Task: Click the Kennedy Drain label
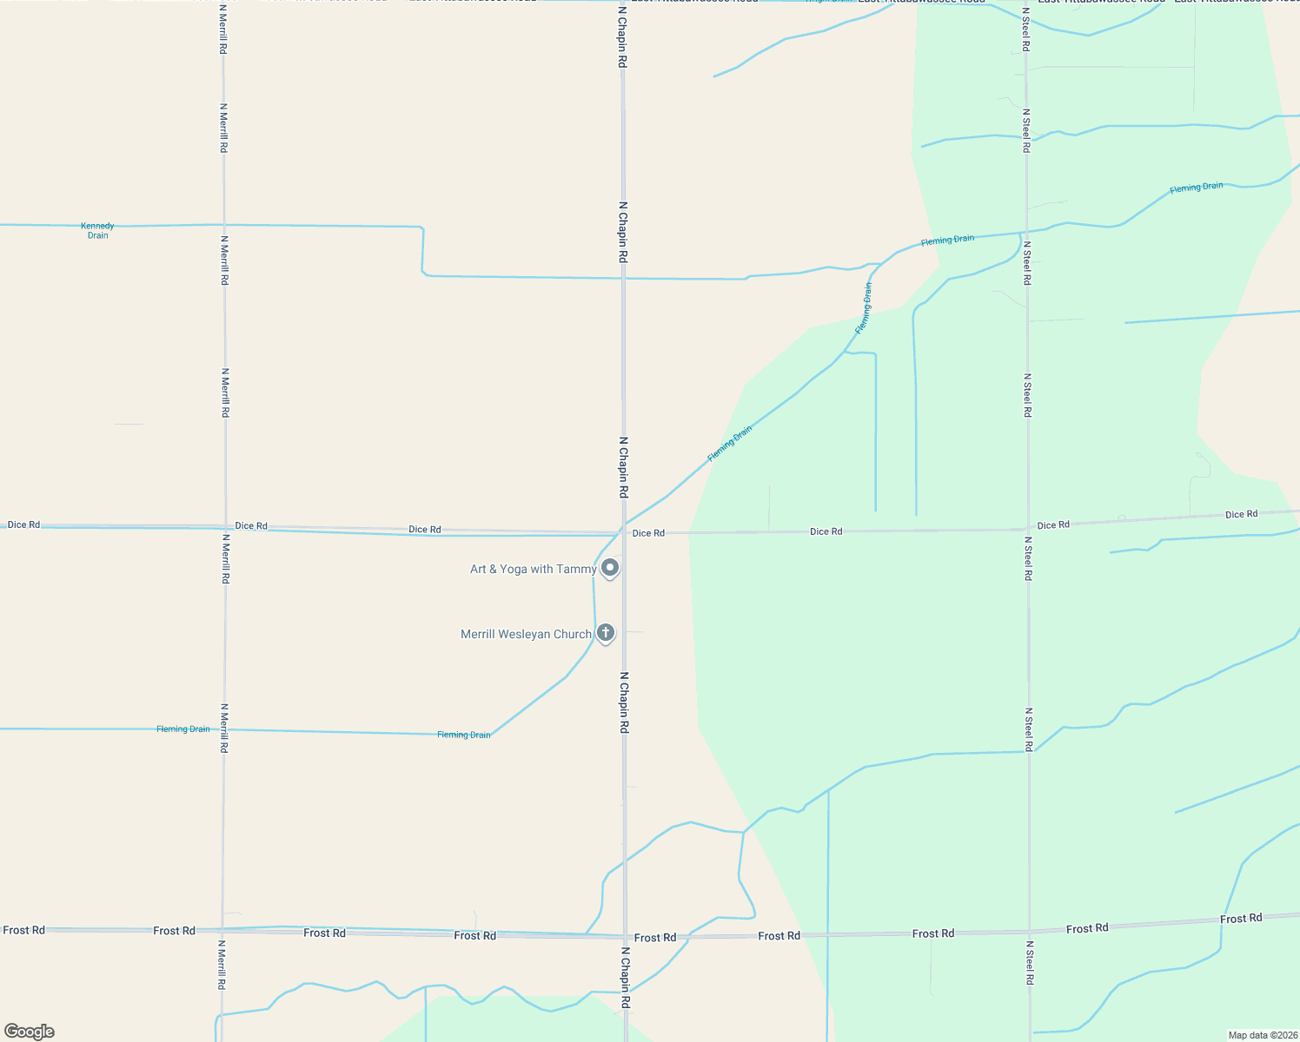[x=97, y=231]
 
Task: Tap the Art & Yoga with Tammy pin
[x=610, y=568]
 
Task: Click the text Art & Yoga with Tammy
[x=533, y=570]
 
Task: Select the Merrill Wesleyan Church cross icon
[x=606, y=633]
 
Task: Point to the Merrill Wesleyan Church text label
[x=526, y=635]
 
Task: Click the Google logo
[x=30, y=1032]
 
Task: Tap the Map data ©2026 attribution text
[x=1262, y=1035]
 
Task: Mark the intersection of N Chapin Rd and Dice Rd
[x=623, y=532]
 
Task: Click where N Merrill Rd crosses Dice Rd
[x=225, y=526]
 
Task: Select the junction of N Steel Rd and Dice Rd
[x=1028, y=529]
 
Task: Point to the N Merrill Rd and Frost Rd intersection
[x=223, y=930]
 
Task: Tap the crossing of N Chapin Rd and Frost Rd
[x=625, y=937]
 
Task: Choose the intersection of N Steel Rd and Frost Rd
[x=1029, y=933]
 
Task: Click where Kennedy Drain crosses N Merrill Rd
[x=224, y=225]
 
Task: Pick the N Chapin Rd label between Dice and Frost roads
[x=624, y=702]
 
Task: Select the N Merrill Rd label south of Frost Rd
[x=222, y=965]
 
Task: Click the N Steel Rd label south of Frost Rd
[x=1030, y=962]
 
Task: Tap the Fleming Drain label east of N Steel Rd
[x=1196, y=188]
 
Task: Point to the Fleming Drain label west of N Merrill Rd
[x=183, y=729]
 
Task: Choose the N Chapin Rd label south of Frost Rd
[x=625, y=977]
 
